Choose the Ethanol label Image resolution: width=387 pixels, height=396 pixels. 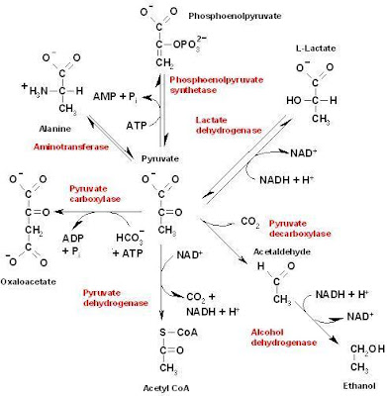coord(361,386)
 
